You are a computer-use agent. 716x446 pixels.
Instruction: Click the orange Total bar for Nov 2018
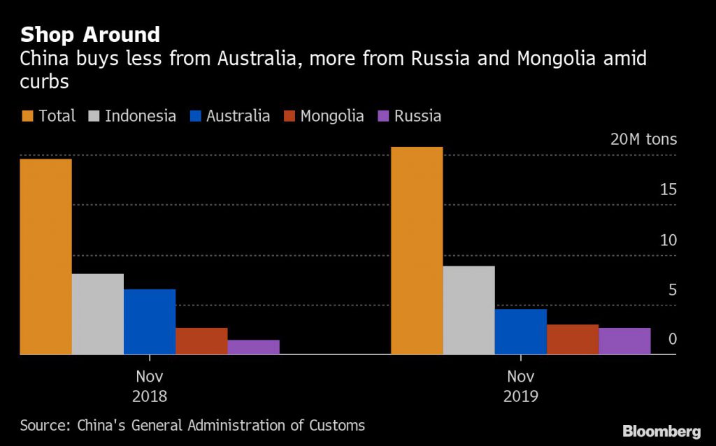click(x=45, y=257)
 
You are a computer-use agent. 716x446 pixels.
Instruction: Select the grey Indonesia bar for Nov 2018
click(x=97, y=314)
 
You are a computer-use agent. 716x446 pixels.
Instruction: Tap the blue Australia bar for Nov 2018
click(x=149, y=322)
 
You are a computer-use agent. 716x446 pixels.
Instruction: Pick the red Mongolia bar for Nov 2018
click(x=201, y=341)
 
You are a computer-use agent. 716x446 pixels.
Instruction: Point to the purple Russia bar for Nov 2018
click(x=253, y=347)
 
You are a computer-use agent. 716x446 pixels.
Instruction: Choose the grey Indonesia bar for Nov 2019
click(x=468, y=310)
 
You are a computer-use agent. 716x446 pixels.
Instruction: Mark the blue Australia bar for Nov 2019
click(x=520, y=331)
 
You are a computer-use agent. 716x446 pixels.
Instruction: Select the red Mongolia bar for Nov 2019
click(x=573, y=339)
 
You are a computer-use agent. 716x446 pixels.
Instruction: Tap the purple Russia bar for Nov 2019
click(x=624, y=341)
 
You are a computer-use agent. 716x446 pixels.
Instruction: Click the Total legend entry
click(x=48, y=116)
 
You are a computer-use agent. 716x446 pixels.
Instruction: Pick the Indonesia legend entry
click(x=132, y=116)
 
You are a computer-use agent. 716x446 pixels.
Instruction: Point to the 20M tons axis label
click(x=643, y=139)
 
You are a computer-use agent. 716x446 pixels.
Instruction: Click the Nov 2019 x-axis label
click(x=520, y=386)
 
